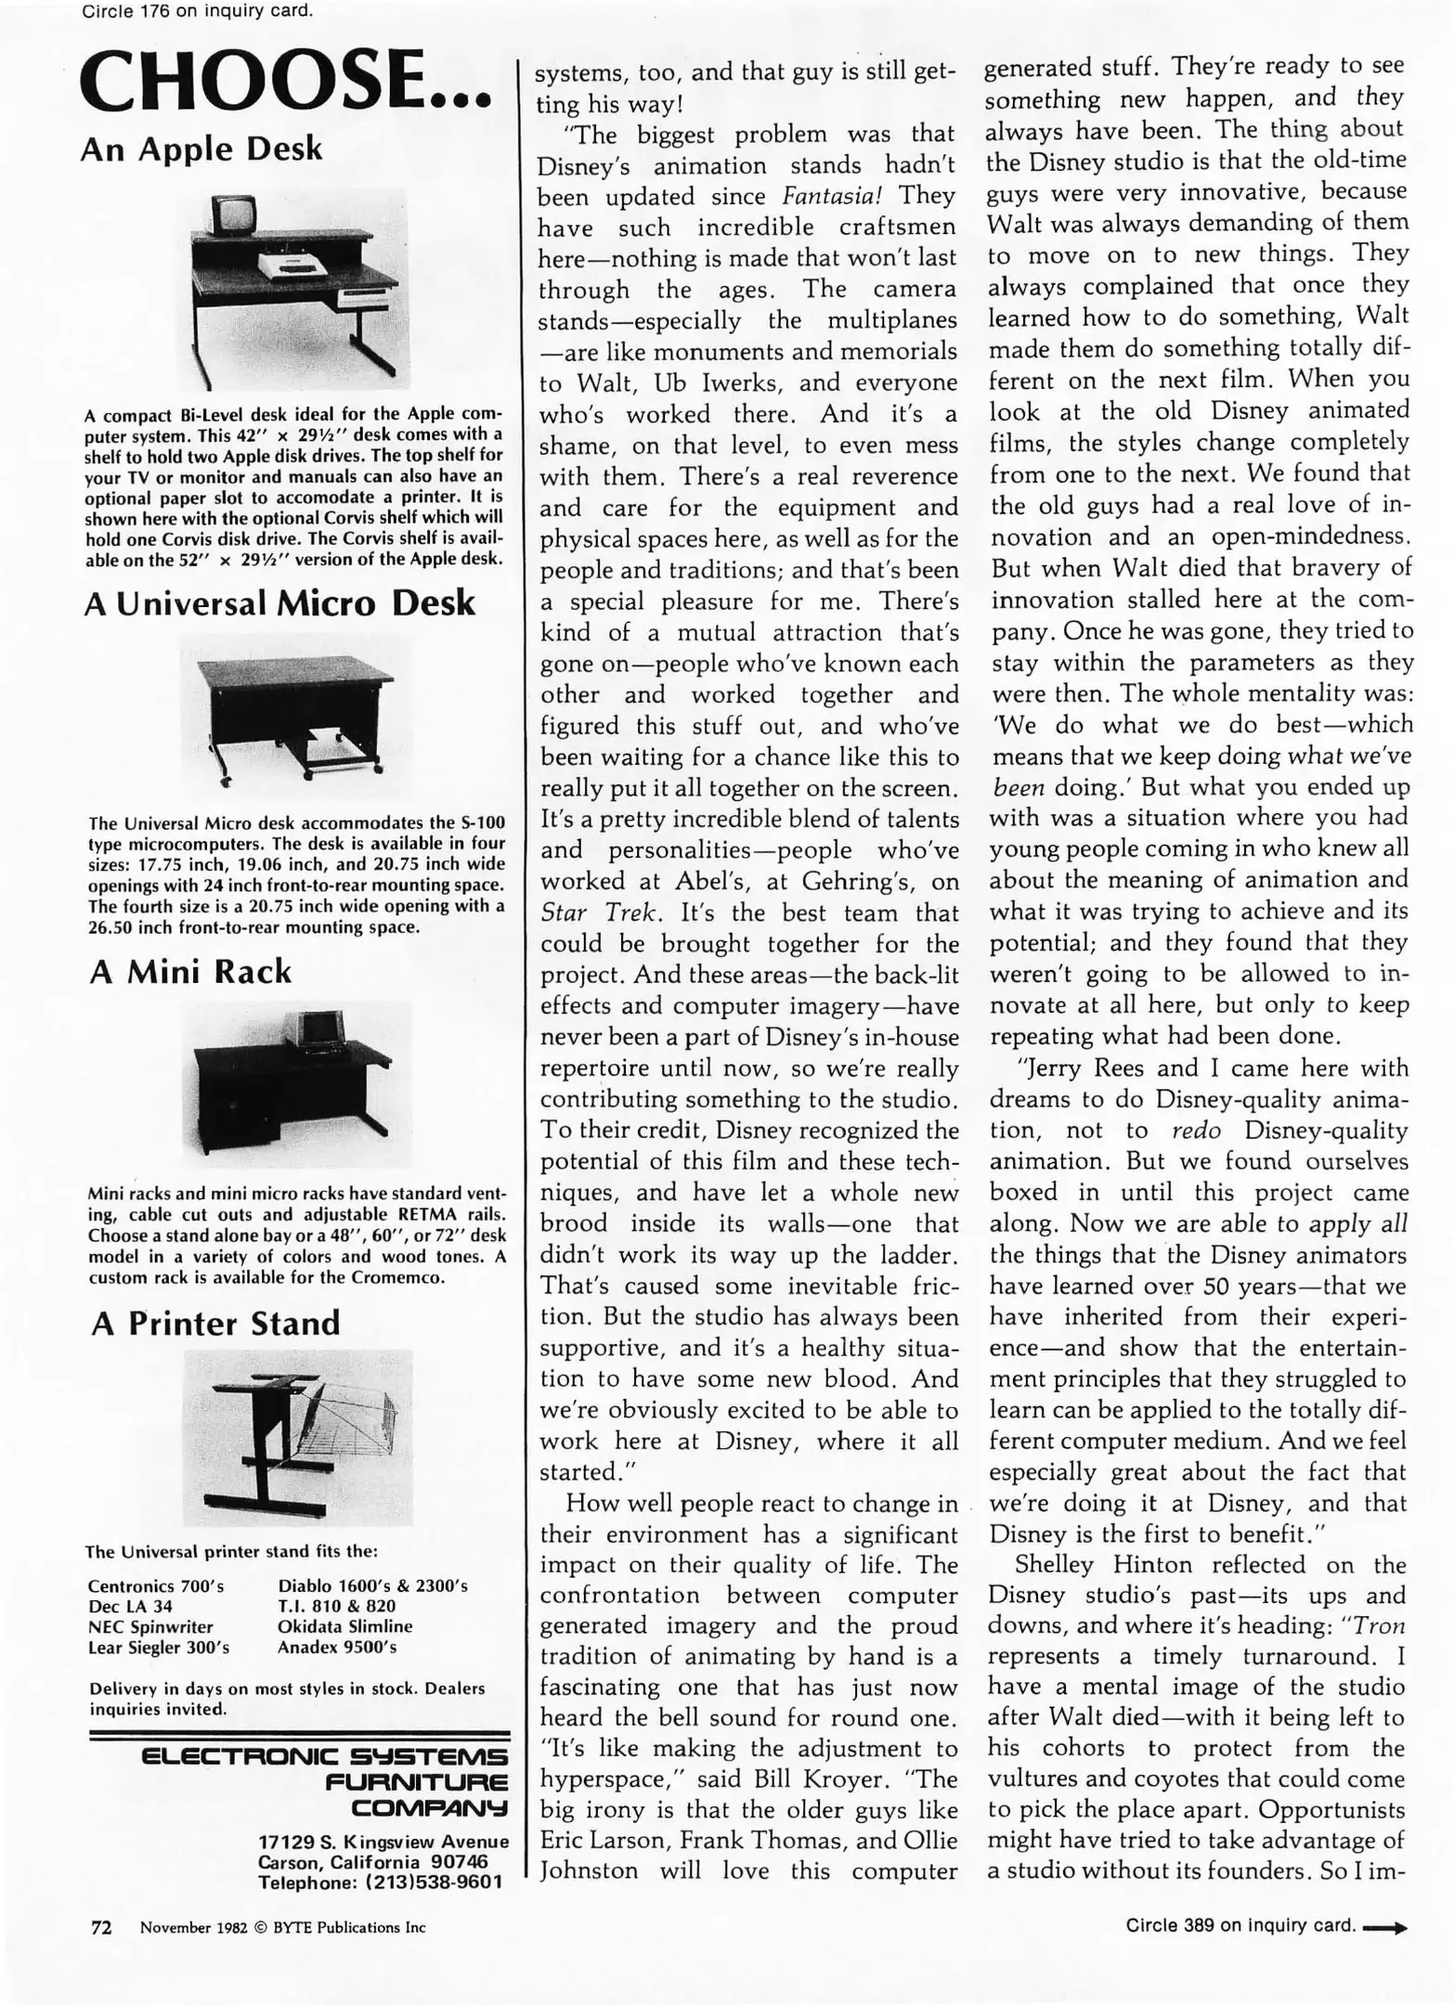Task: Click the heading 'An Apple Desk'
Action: click(x=201, y=149)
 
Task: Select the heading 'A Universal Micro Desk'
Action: click(x=279, y=603)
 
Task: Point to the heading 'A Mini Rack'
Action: click(x=190, y=971)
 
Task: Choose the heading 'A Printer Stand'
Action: click(x=215, y=1323)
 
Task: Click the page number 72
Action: click(x=100, y=1927)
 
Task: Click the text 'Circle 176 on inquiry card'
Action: click(x=198, y=11)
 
